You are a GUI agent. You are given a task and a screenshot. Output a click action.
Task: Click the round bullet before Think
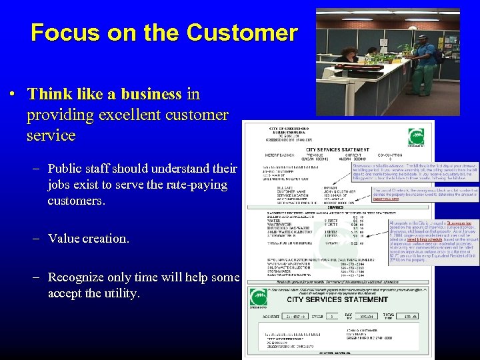(13, 95)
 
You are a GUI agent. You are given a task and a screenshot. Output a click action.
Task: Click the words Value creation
(88, 238)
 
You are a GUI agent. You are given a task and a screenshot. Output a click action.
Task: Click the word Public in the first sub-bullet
(67, 168)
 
